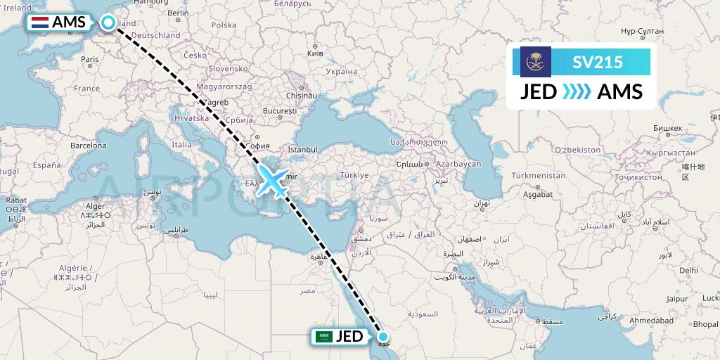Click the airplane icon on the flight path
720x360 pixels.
(x=271, y=180)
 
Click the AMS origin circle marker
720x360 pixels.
(x=108, y=22)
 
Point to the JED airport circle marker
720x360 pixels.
(x=383, y=337)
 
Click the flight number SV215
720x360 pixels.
(x=598, y=62)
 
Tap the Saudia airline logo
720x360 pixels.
(x=536, y=62)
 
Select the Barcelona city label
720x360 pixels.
(x=88, y=146)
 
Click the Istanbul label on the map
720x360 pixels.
(x=303, y=150)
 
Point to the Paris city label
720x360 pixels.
(x=89, y=60)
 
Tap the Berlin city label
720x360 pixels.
(x=178, y=13)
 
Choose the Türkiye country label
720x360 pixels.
(x=354, y=175)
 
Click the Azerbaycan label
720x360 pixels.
(x=458, y=163)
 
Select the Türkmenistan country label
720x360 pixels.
(x=539, y=175)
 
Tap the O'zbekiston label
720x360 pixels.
(x=577, y=150)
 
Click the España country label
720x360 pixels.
(x=48, y=165)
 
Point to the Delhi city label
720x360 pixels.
(x=689, y=270)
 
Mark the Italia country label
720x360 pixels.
(x=182, y=145)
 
